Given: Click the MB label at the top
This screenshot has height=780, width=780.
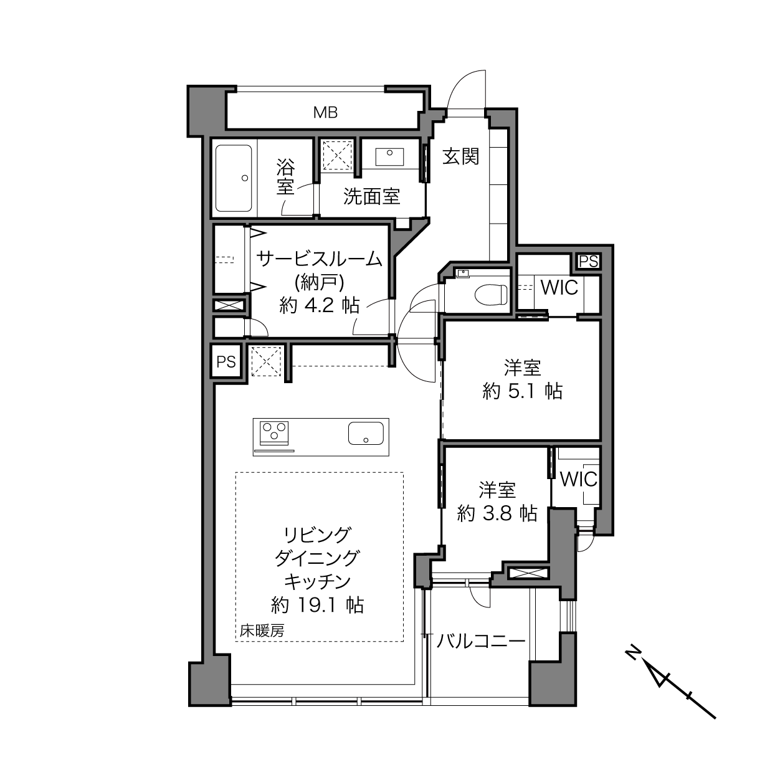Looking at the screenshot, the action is (x=325, y=113).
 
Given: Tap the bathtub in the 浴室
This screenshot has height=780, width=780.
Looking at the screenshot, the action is (x=234, y=178).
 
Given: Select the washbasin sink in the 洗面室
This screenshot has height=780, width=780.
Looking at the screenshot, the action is (x=389, y=156).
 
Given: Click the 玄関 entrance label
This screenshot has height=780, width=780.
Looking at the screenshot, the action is (x=460, y=156).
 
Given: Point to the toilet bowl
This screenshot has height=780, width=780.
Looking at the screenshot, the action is (x=490, y=294).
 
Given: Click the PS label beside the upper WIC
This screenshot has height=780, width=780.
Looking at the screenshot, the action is (x=588, y=262).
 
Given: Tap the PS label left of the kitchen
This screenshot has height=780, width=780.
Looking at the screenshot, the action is (x=226, y=361).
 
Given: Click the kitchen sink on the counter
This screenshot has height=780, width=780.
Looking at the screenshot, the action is (x=366, y=433).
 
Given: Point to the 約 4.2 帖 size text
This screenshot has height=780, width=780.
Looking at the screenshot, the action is (x=320, y=306).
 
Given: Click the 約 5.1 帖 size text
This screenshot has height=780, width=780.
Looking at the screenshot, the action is (x=522, y=391).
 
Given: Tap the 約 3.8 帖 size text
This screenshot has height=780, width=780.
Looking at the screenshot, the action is (x=497, y=513).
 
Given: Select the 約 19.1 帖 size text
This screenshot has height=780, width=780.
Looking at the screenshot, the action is (x=317, y=605).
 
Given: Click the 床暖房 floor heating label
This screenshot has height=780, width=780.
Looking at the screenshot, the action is (x=262, y=630).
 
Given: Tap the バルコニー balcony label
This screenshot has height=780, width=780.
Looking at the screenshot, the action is (x=481, y=641).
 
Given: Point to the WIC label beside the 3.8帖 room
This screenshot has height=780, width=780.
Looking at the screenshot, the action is (x=578, y=480).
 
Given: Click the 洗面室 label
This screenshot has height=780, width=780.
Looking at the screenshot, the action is (x=371, y=196).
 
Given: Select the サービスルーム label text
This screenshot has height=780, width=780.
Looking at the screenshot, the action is (x=320, y=259).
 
